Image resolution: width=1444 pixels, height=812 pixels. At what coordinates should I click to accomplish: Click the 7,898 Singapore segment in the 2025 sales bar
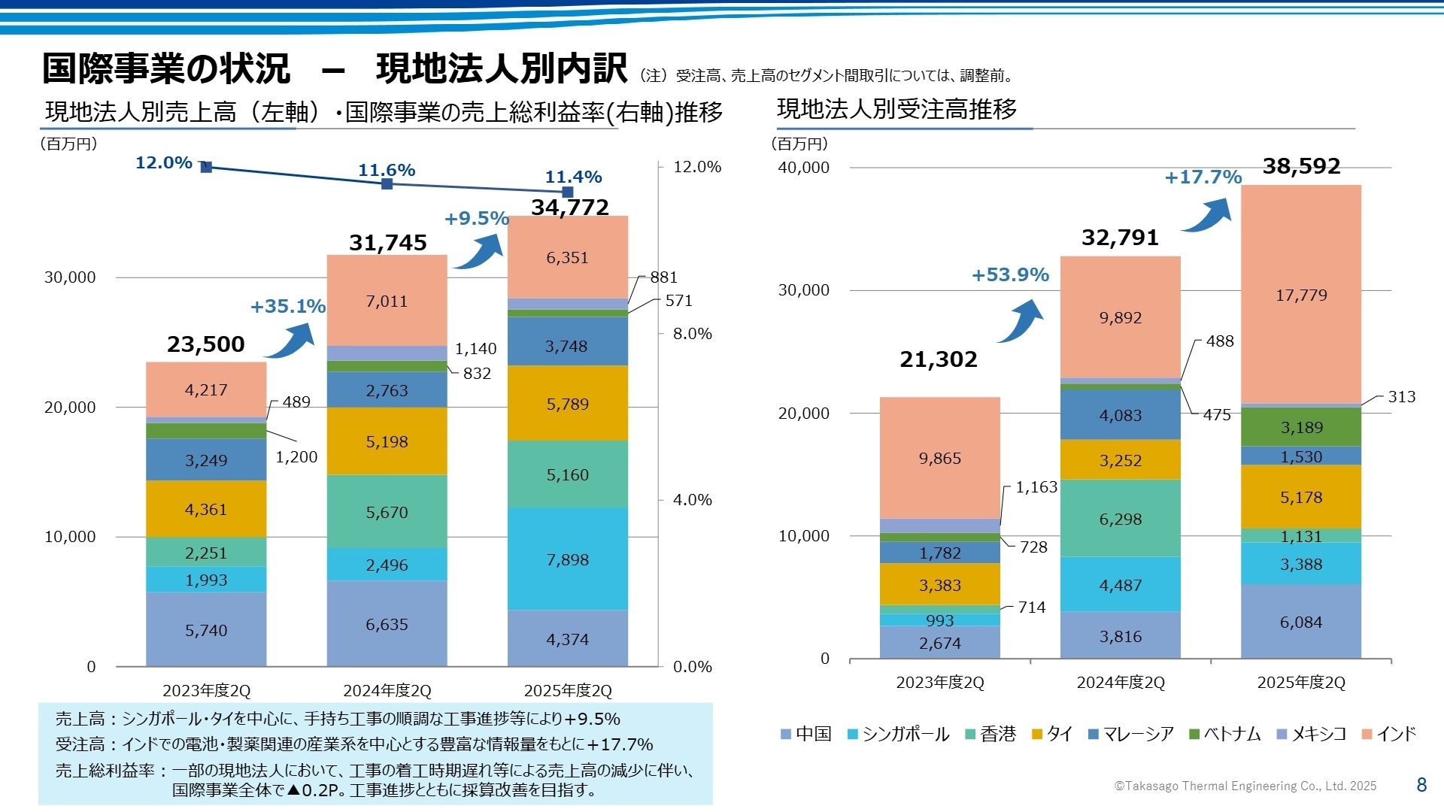568,559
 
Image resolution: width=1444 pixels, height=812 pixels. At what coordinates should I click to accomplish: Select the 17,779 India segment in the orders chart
1301,295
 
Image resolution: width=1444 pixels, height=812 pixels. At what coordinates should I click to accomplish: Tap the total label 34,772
570,207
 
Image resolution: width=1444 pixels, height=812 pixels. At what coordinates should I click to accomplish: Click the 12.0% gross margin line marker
207,167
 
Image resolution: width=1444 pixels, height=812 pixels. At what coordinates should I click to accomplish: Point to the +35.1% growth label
288,306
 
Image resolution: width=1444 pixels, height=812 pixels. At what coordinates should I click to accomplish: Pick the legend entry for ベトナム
1225,734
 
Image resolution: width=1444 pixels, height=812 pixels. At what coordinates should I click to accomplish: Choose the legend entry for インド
1389,734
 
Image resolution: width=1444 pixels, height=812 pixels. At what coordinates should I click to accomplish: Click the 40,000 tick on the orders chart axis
803,167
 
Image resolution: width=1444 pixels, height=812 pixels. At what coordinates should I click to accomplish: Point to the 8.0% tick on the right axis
692,334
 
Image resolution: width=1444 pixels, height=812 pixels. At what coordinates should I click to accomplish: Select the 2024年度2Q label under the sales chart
387,690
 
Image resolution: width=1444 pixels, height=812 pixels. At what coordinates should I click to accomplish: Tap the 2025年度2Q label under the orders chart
1301,683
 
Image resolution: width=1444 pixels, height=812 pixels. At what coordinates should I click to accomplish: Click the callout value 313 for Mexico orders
1401,397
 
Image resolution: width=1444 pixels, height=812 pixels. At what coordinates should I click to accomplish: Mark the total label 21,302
939,359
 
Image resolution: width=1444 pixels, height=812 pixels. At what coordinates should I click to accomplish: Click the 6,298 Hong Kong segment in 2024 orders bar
1121,519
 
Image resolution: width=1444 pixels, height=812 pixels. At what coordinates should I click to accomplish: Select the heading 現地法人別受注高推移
896,110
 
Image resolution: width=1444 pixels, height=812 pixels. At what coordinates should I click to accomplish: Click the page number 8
1421,785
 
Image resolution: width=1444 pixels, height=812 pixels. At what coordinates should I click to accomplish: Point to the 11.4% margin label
573,177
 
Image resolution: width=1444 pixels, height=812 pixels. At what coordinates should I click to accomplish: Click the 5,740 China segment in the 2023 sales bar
206,630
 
